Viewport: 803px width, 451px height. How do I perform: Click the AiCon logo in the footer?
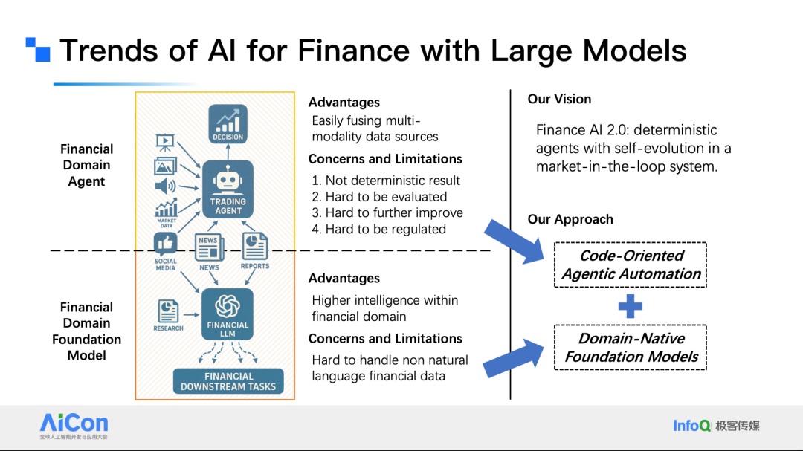pos(74,425)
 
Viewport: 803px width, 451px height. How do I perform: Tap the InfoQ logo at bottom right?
pos(716,426)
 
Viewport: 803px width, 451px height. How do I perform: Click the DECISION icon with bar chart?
pos(228,123)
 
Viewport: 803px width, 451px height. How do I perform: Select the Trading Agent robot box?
pos(228,189)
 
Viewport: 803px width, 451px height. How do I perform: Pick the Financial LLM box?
pos(228,314)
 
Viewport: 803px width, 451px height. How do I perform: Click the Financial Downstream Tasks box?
pos(228,381)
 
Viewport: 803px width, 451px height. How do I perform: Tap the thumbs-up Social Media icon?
pos(165,244)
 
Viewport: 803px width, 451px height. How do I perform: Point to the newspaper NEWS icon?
pos(209,247)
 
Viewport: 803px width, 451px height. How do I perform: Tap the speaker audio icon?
pos(165,186)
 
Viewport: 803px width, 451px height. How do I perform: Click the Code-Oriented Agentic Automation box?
pos(631,265)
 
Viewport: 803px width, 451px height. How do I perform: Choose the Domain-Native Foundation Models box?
pos(631,348)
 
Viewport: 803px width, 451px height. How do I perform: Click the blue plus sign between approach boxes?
pos(631,306)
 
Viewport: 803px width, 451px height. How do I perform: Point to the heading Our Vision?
pos(559,99)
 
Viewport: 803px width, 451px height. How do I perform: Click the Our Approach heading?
pos(570,219)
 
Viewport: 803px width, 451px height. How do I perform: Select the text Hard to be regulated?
pos(379,229)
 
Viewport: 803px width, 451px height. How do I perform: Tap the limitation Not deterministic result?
pos(386,181)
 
